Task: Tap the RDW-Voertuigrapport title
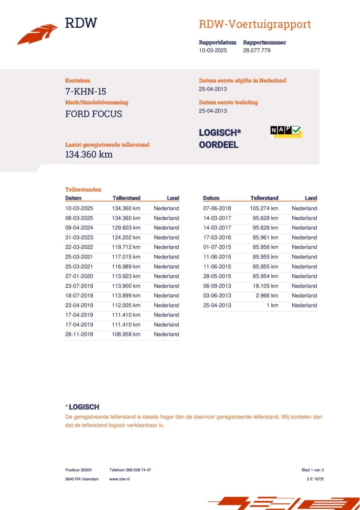[x=254, y=24]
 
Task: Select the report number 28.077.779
[x=257, y=51]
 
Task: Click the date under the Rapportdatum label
[x=213, y=51]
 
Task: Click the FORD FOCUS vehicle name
[x=94, y=114]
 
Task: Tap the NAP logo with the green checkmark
[x=286, y=131]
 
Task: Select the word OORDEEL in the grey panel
[x=219, y=145]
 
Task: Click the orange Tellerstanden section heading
[x=83, y=190]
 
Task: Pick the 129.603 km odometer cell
[x=126, y=228]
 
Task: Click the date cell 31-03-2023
[x=79, y=237]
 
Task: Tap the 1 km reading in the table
[x=272, y=306]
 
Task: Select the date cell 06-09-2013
[x=217, y=286]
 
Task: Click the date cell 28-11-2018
[x=79, y=335]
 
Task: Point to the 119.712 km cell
[x=126, y=247]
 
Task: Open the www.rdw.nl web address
[x=119, y=479]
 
